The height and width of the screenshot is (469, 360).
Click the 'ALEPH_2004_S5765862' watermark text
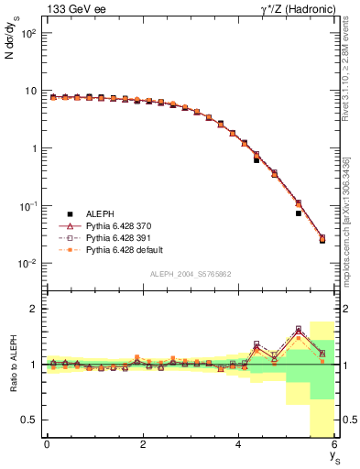click(190, 274)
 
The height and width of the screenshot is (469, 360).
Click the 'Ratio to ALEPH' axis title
click(12, 365)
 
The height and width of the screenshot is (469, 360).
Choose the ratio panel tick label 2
click(32, 309)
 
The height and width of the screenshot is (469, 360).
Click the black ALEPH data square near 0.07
click(299, 213)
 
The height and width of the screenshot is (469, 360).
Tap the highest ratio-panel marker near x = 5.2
click(299, 328)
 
